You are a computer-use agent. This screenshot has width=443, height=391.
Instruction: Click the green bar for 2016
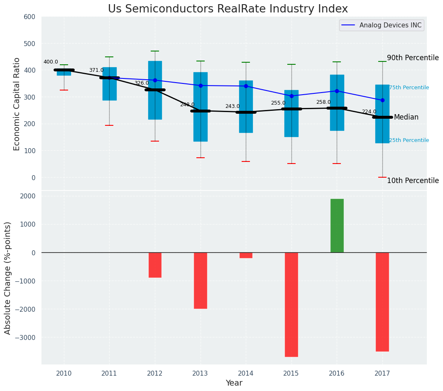point(337,225)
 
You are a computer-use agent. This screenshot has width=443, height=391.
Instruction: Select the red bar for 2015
point(291,304)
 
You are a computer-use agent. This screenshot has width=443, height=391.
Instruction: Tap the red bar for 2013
point(201,280)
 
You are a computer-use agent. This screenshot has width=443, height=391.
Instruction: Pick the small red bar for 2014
point(246,255)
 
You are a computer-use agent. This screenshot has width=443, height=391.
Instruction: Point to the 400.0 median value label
point(51,62)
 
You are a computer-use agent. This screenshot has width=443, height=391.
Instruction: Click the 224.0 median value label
point(369,112)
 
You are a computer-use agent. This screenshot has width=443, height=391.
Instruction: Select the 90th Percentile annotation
point(413,58)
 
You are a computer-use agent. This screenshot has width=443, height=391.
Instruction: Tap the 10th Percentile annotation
point(413,181)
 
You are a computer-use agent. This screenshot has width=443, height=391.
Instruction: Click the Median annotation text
point(406,117)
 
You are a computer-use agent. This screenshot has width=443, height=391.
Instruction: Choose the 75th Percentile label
point(409,88)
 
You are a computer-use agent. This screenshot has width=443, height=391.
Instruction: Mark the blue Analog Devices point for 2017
point(382,100)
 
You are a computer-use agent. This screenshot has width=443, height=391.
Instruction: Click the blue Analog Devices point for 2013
point(201,86)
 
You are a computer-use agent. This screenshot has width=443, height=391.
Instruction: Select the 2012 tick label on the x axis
point(155,373)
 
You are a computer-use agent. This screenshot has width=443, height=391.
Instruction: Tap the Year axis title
point(234,383)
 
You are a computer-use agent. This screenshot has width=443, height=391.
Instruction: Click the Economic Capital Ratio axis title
point(17,104)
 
